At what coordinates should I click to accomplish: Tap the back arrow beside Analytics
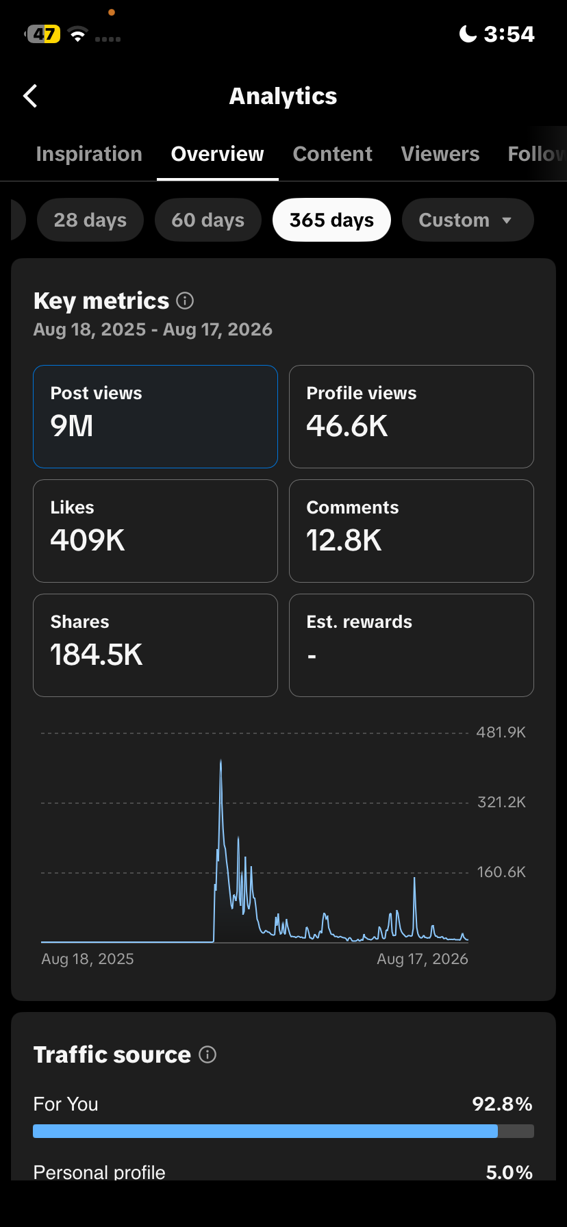tap(30, 97)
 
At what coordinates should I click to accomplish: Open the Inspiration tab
tap(89, 154)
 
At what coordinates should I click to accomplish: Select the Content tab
tap(333, 154)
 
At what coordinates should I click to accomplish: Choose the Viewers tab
tap(440, 154)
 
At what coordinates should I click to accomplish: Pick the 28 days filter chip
tap(90, 220)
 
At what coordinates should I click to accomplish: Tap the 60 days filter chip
tap(208, 220)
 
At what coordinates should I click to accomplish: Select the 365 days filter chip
tap(331, 220)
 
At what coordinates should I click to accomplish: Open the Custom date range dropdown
tap(468, 220)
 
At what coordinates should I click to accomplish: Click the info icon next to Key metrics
tap(185, 301)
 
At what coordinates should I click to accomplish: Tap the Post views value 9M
tap(72, 426)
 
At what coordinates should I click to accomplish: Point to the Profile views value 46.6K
tap(347, 426)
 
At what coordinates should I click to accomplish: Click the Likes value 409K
tap(88, 540)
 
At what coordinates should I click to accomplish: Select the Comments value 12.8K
tap(344, 540)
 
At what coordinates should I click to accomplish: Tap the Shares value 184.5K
tap(97, 655)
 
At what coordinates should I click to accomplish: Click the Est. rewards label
tap(360, 622)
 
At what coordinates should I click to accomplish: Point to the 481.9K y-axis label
tap(501, 733)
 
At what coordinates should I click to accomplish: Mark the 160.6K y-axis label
tap(501, 872)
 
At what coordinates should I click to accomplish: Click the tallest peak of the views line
tap(220, 760)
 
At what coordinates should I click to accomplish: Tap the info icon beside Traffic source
tap(207, 1054)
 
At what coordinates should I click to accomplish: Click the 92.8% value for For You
tap(503, 1104)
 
